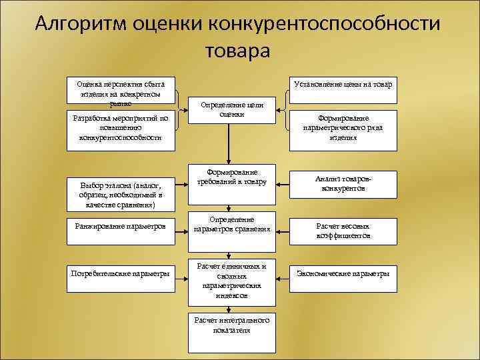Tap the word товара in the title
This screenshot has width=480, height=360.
pos(238,51)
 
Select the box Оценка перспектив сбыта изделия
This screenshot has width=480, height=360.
pos(121,91)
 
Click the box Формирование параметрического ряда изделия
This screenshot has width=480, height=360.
pos(343,129)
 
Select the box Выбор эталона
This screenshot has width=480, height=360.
pos(121,194)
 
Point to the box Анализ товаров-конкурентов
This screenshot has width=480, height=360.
pos(343,183)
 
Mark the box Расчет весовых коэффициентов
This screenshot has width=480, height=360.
pos(343,231)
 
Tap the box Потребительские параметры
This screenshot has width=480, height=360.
pos(121,273)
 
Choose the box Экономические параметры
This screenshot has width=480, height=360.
pos(343,273)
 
